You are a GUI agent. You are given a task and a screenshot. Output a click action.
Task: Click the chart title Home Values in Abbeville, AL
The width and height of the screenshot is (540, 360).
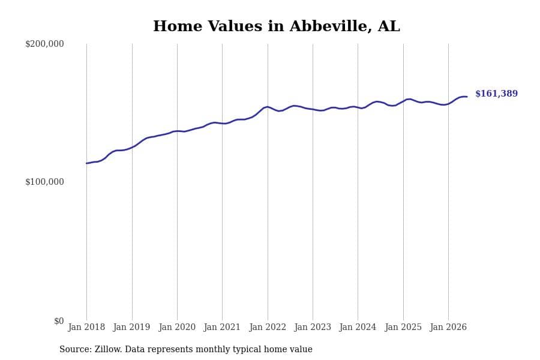tap(276, 26)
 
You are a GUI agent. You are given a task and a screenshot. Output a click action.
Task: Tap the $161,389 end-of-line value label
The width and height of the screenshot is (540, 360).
tap(496, 94)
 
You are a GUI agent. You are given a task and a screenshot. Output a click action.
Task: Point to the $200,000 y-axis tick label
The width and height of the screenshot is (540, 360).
tap(44, 44)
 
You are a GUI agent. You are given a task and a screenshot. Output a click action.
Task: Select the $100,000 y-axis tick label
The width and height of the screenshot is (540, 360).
tap(44, 182)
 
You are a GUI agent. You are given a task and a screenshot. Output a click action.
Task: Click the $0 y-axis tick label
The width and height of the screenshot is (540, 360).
tap(59, 321)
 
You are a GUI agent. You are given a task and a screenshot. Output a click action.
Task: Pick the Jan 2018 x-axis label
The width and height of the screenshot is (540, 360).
tap(86, 327)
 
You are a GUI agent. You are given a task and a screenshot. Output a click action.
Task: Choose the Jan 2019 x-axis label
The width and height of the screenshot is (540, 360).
tap(131, 327)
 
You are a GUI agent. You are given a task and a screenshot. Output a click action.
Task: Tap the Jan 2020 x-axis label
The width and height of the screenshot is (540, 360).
tap(177, 327)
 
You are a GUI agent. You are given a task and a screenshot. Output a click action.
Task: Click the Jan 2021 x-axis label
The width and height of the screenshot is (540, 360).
tap(222, 327)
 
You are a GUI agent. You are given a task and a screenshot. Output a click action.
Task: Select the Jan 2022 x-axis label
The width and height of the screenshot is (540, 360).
tap(268, 327)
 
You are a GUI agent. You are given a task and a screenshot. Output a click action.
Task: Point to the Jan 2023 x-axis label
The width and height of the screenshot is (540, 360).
tap(313, 327)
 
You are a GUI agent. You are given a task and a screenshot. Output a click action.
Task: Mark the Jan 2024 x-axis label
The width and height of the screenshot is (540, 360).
tap(358, 327)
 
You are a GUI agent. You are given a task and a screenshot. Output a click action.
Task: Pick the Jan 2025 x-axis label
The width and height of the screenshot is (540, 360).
tap(403, 327)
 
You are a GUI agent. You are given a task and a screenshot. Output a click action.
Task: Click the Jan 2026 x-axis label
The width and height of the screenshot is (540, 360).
tap(448, 327)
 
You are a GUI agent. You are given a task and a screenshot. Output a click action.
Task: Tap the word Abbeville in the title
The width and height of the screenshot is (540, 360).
tap(331, 26)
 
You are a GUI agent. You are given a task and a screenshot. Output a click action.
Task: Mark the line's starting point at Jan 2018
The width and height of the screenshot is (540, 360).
tap(87, 163)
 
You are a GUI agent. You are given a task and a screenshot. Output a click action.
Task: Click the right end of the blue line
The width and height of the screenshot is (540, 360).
tap(467, 97)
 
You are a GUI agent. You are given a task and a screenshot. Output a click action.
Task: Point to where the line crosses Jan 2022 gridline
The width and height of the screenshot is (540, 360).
tap(268, 107)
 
